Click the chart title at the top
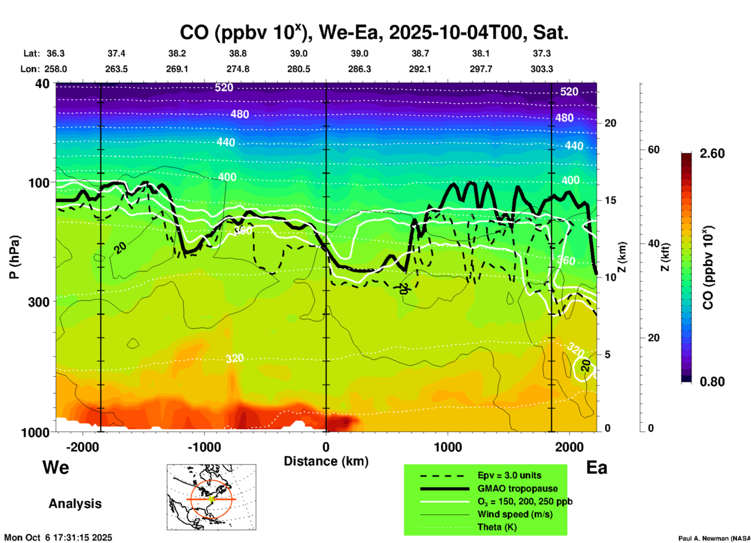374,32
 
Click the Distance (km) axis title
326,461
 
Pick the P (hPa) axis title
14,257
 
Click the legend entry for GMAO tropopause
517,488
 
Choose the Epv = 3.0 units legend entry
509,475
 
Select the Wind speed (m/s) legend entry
515,514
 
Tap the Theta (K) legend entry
497,527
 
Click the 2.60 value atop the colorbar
712,153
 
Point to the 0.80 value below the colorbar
712,381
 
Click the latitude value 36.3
55,53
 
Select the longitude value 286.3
359,69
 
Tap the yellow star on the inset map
211,499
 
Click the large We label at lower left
56,467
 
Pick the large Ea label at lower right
597,467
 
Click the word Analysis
75,504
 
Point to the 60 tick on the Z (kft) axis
654,150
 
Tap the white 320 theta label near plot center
234,358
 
